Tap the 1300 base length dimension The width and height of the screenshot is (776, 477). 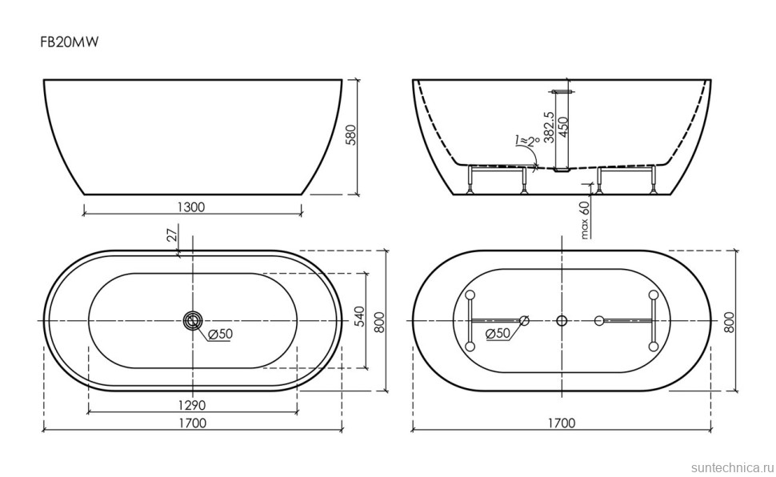pos(190,206)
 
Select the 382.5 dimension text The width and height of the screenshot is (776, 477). pos(549,127)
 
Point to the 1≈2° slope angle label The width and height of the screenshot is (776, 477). pos(524,142)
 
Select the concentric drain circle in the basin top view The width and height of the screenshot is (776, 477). pos(192,320)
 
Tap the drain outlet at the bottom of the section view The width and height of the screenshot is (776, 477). pos(562,169)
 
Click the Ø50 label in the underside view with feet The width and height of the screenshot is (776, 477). pos(498,334)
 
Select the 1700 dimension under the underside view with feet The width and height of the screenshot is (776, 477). pos(562,423)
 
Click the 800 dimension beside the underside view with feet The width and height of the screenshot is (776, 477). pos(728,321)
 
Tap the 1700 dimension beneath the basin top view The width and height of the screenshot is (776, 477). pos(192,423)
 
